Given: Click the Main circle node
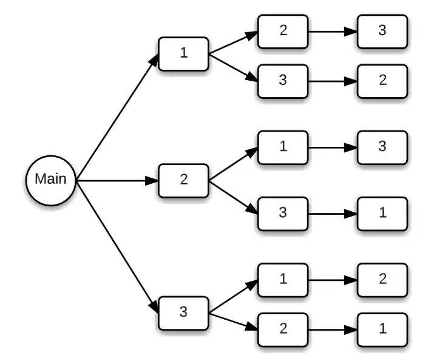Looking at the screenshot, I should pyautogui.click(x=50, y=180).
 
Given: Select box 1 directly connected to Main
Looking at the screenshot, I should pyautogui.click(x=183, y=53).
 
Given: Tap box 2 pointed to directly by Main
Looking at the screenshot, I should pyautogui.click(x=183, y=180).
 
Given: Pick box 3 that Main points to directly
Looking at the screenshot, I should pyautogui.click(x=183, y=313).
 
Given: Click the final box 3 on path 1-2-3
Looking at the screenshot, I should pyautogui.click(x=382, y=31).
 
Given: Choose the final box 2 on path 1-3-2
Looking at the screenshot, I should pyautogui.click(x=382, y=81).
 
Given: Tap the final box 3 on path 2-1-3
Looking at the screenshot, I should pyautogui.click(x=382, y=147).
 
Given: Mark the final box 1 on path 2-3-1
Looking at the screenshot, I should pyautogui.click(x=382, y=214).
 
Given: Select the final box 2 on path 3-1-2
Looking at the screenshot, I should pyautogui.click(x=382, y=280).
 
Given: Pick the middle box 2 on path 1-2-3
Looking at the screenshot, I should pyautogui.click(x=283, y=31).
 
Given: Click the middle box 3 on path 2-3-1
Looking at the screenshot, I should pyautogui.click(x=283, y=214).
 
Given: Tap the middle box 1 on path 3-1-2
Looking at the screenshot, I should pyautogui.click(x=283, y=280).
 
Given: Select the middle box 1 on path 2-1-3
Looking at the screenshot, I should pyautogui.click(x=283, y=147).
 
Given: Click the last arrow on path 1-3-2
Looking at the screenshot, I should pyautogui.click(x=332, y=81).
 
